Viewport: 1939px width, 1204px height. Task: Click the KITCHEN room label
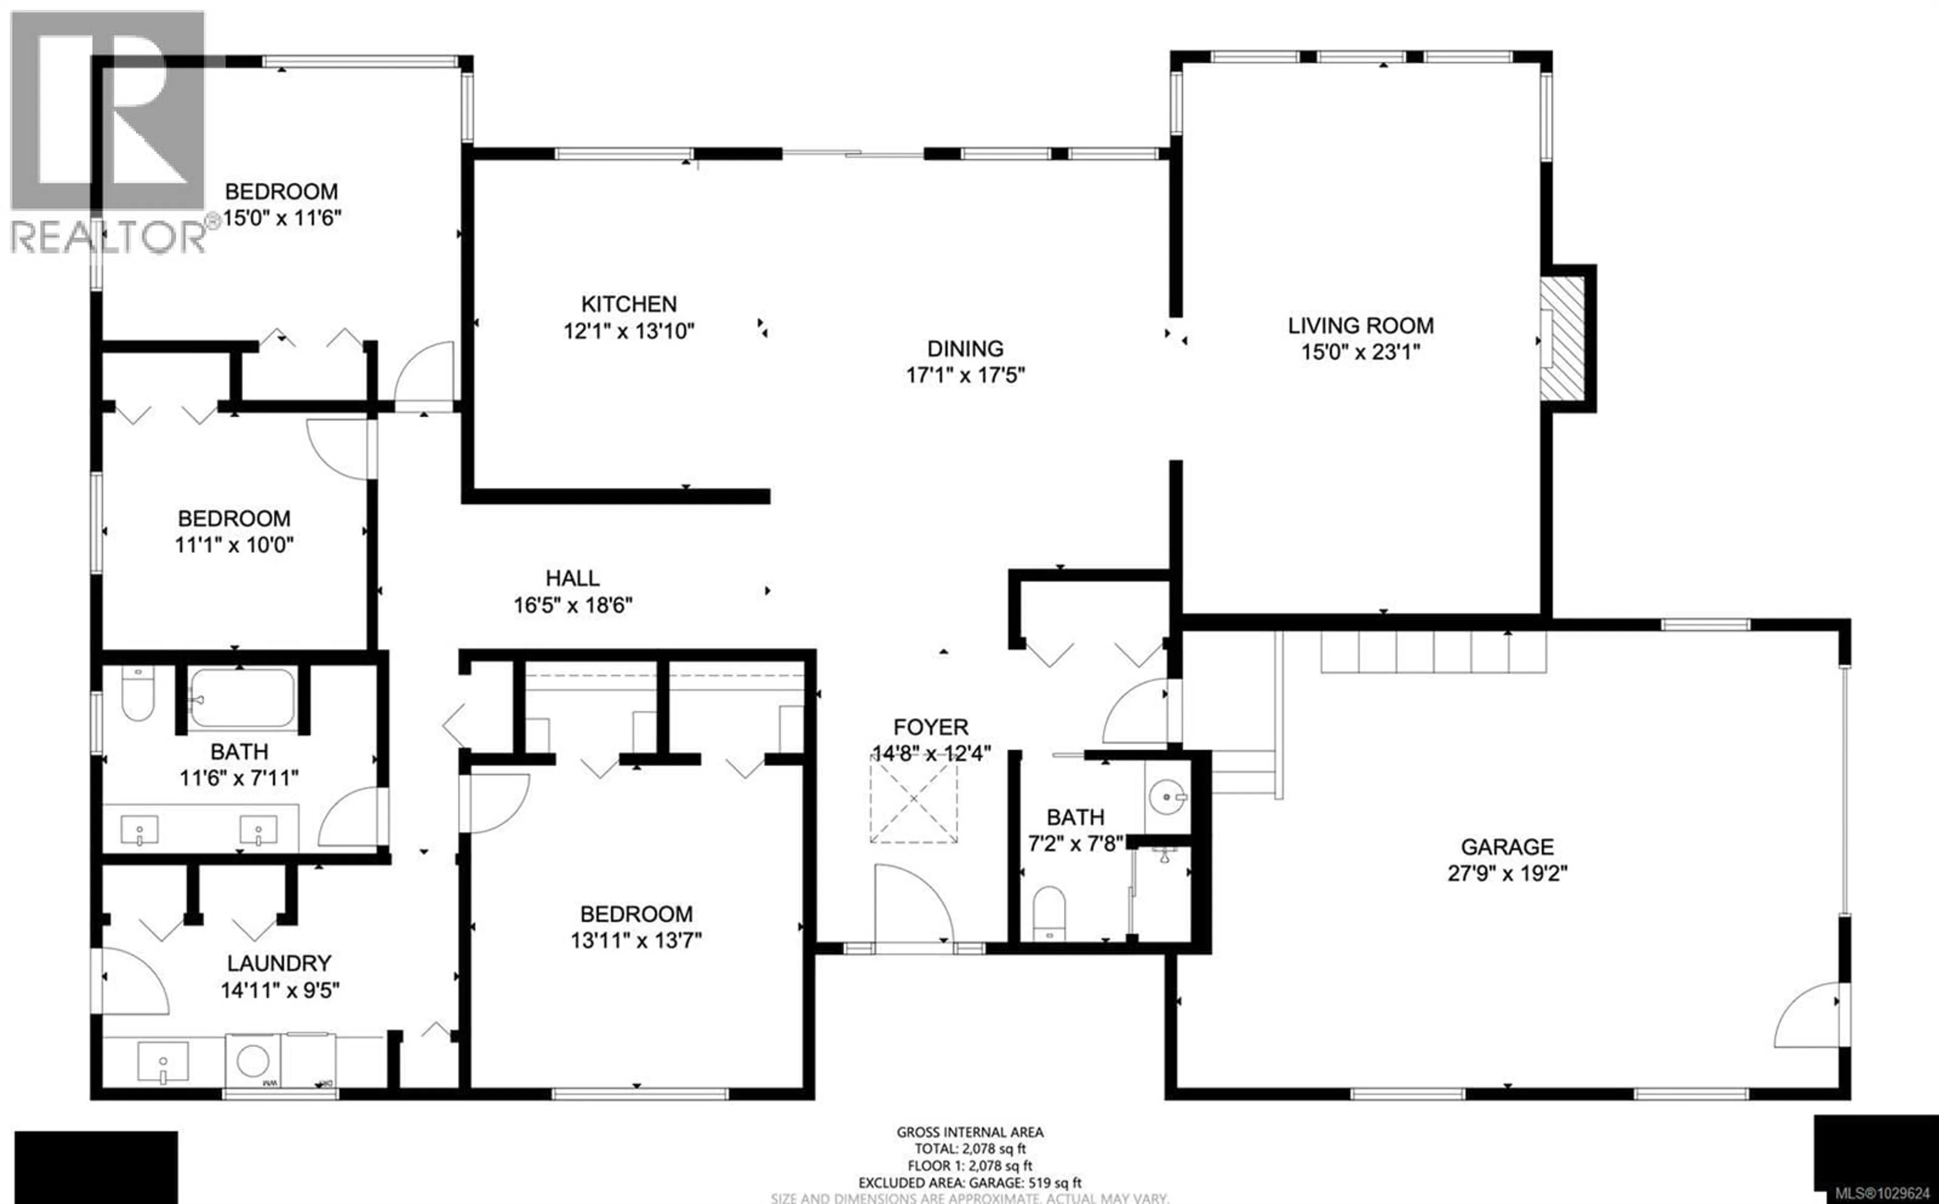(629, 304)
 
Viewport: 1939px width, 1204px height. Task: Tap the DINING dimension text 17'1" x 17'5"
(965, 375)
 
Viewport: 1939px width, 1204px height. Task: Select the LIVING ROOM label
(1361, 325)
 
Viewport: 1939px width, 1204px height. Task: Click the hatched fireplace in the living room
(1561, 339)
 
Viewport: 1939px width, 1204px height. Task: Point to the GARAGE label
(1506, 846)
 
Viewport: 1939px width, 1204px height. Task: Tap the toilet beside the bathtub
(138, 693)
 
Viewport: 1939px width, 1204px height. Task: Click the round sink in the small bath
(1167, 795)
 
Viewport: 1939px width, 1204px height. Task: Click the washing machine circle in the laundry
(252, 1061)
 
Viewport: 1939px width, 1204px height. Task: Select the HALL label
(572, 578)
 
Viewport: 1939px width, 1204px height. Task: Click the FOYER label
(931, 727)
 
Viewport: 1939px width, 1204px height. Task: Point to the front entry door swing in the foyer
(912, 904)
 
